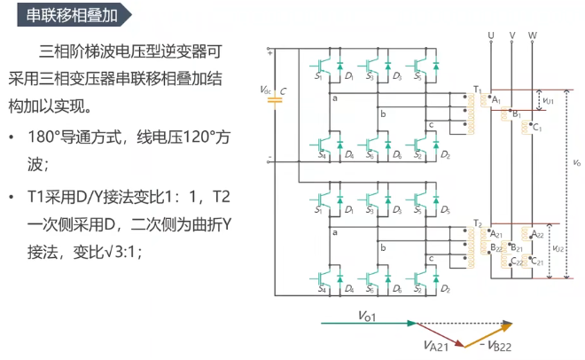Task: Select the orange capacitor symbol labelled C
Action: tap(275, 100)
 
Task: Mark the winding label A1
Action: tap(496, 101)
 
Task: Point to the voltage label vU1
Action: tap(548, 101)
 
